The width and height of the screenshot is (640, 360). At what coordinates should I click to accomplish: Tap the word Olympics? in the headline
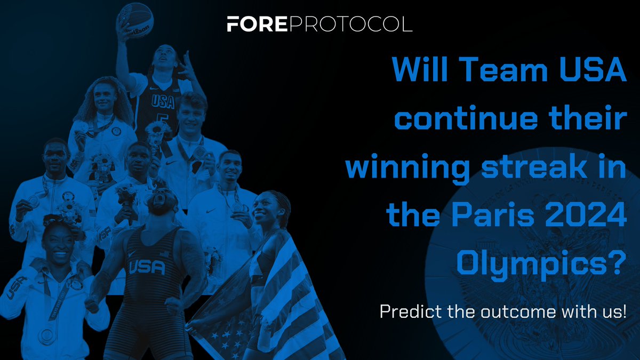pos(542,265)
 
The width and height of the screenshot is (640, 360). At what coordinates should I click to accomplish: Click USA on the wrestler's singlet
pos(148,267)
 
